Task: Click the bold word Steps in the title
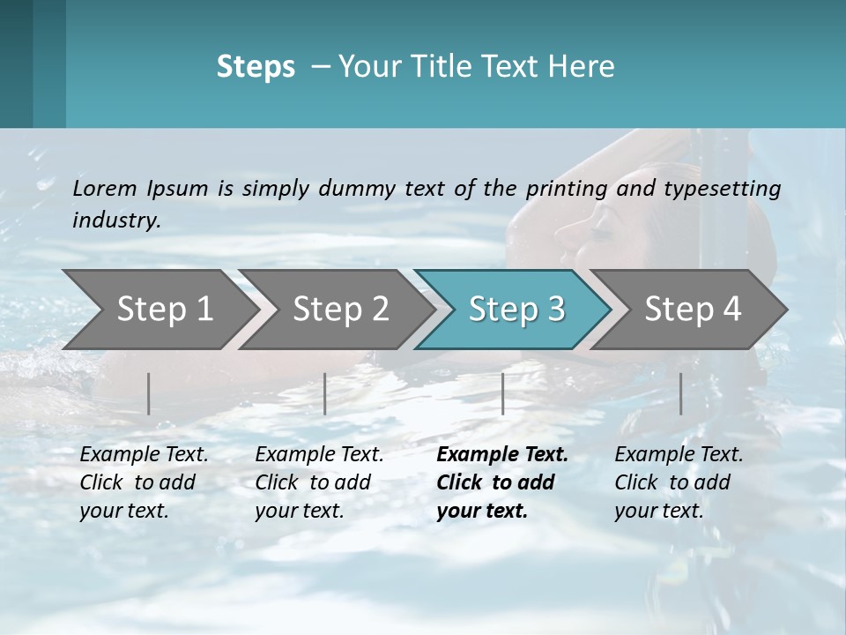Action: click(x=256, y=66)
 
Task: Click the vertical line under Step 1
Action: click(x=149, y=393)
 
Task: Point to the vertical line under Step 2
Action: click(x=325, y=393)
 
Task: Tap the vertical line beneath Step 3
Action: click(x=502, y=393)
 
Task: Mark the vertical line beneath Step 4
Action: click(x=681, y=393)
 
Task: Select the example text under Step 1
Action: click(x=144, y=482)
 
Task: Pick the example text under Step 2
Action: click(x=319, y=482)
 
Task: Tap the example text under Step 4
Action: click(x=679, y=482)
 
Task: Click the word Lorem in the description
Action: click(x=105, y=188)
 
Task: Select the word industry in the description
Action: click(x=115, y=220)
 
